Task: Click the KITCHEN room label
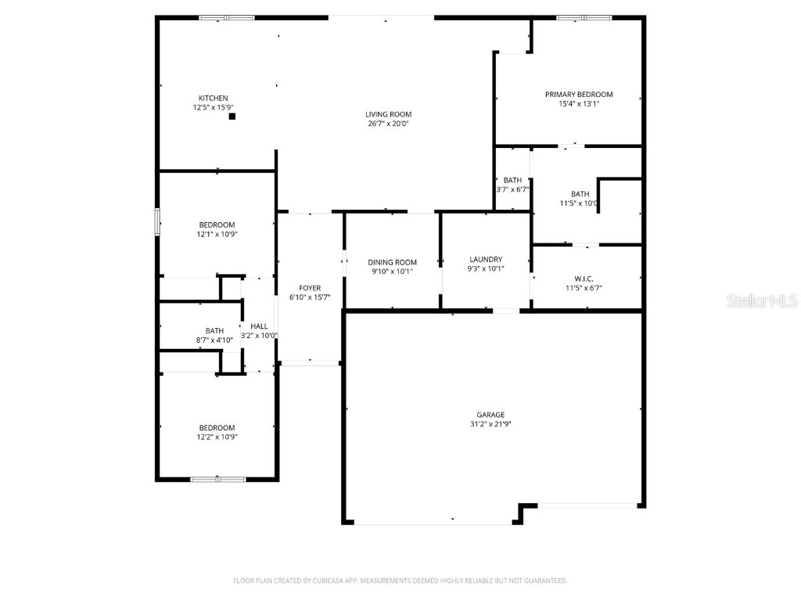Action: coord(213,98)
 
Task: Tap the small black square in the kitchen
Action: coord(232,117)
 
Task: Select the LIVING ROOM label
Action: coord(388,114)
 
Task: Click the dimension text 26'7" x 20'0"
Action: coord(388,124)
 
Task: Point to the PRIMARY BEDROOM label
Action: coord(579,95)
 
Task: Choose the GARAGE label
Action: coord(490,415)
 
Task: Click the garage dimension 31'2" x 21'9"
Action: coord(490,424)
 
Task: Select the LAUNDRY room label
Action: coord(486,260)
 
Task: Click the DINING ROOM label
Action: coord(393,262)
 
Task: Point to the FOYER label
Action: coord(310,288)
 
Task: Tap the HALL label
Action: coord(259,326)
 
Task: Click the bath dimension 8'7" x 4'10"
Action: coord(214,340)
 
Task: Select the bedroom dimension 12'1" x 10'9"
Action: coord(216,234)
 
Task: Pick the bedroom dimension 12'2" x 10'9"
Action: coord(217,437)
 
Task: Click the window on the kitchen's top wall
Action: coord(227,17)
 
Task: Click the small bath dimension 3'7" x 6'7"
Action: coord(512,189)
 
